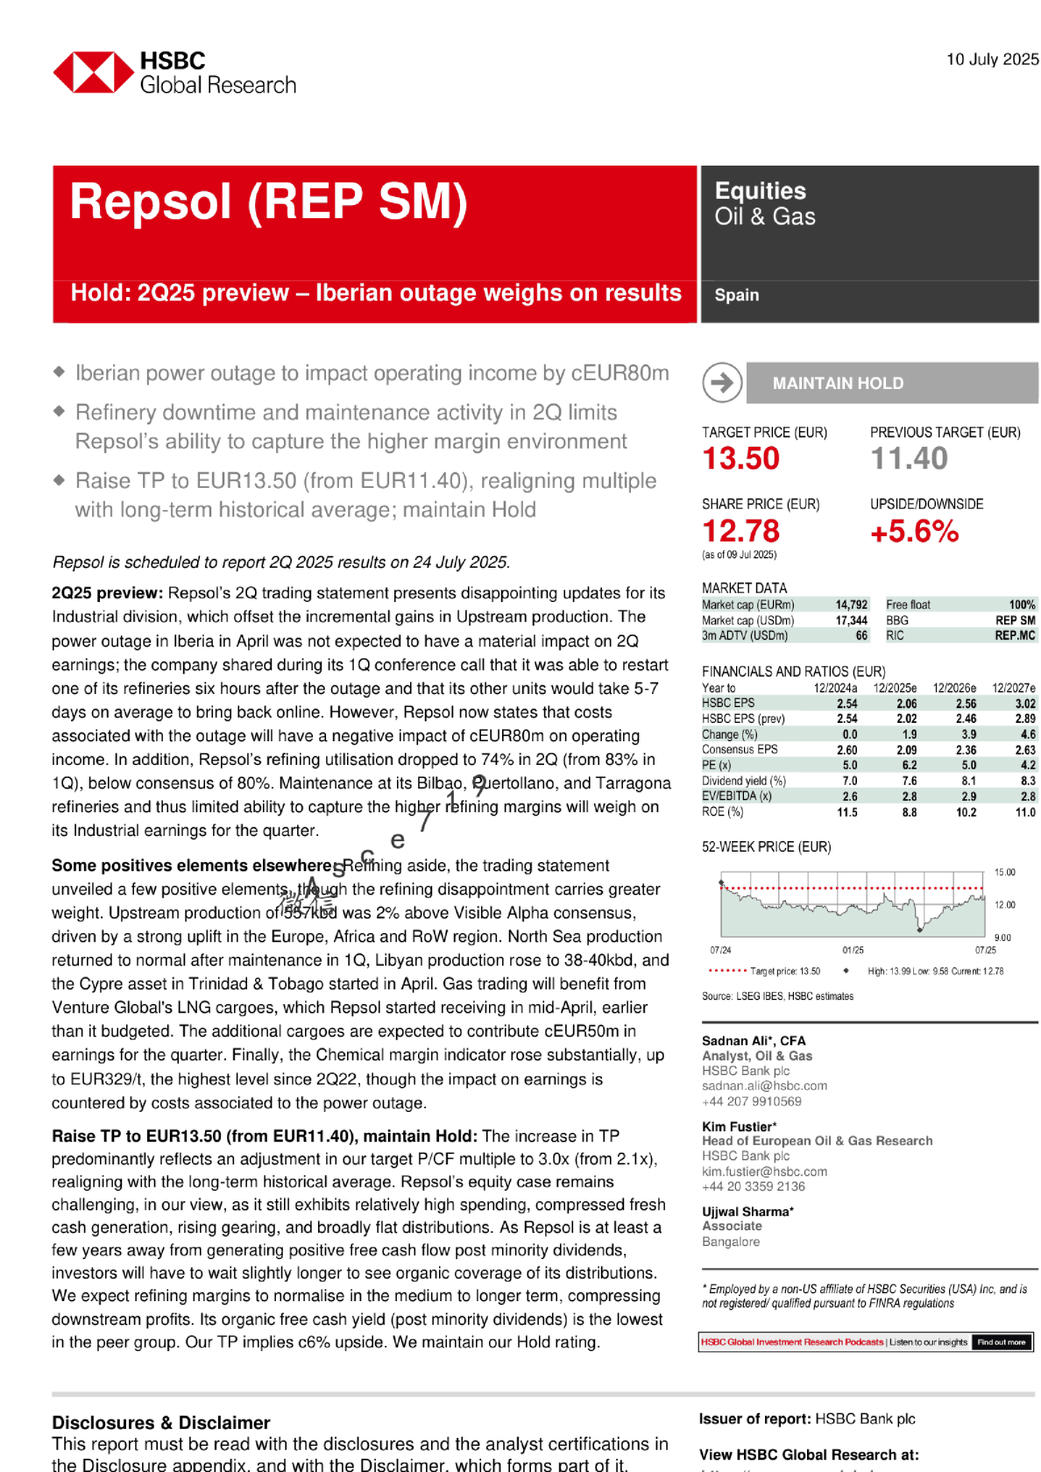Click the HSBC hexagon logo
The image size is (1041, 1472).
93,73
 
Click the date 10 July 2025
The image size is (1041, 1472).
992,60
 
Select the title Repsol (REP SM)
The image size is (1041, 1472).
268,202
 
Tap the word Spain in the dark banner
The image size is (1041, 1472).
736,295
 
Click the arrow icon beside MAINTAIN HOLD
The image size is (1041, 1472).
722,383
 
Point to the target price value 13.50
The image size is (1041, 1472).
740,458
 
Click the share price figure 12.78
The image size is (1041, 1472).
740,531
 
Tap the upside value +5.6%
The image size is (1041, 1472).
913,531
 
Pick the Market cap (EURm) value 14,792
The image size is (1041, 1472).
851,605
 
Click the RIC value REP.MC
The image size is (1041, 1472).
1015,635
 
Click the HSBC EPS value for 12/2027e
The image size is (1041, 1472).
1024,704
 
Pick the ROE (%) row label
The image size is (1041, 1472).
722,812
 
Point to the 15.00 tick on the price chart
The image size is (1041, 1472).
1004,873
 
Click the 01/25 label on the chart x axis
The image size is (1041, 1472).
853,950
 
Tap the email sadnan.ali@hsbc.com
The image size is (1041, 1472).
764,1086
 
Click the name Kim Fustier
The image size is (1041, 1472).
737,1126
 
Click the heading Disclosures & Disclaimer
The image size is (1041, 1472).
160,1422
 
